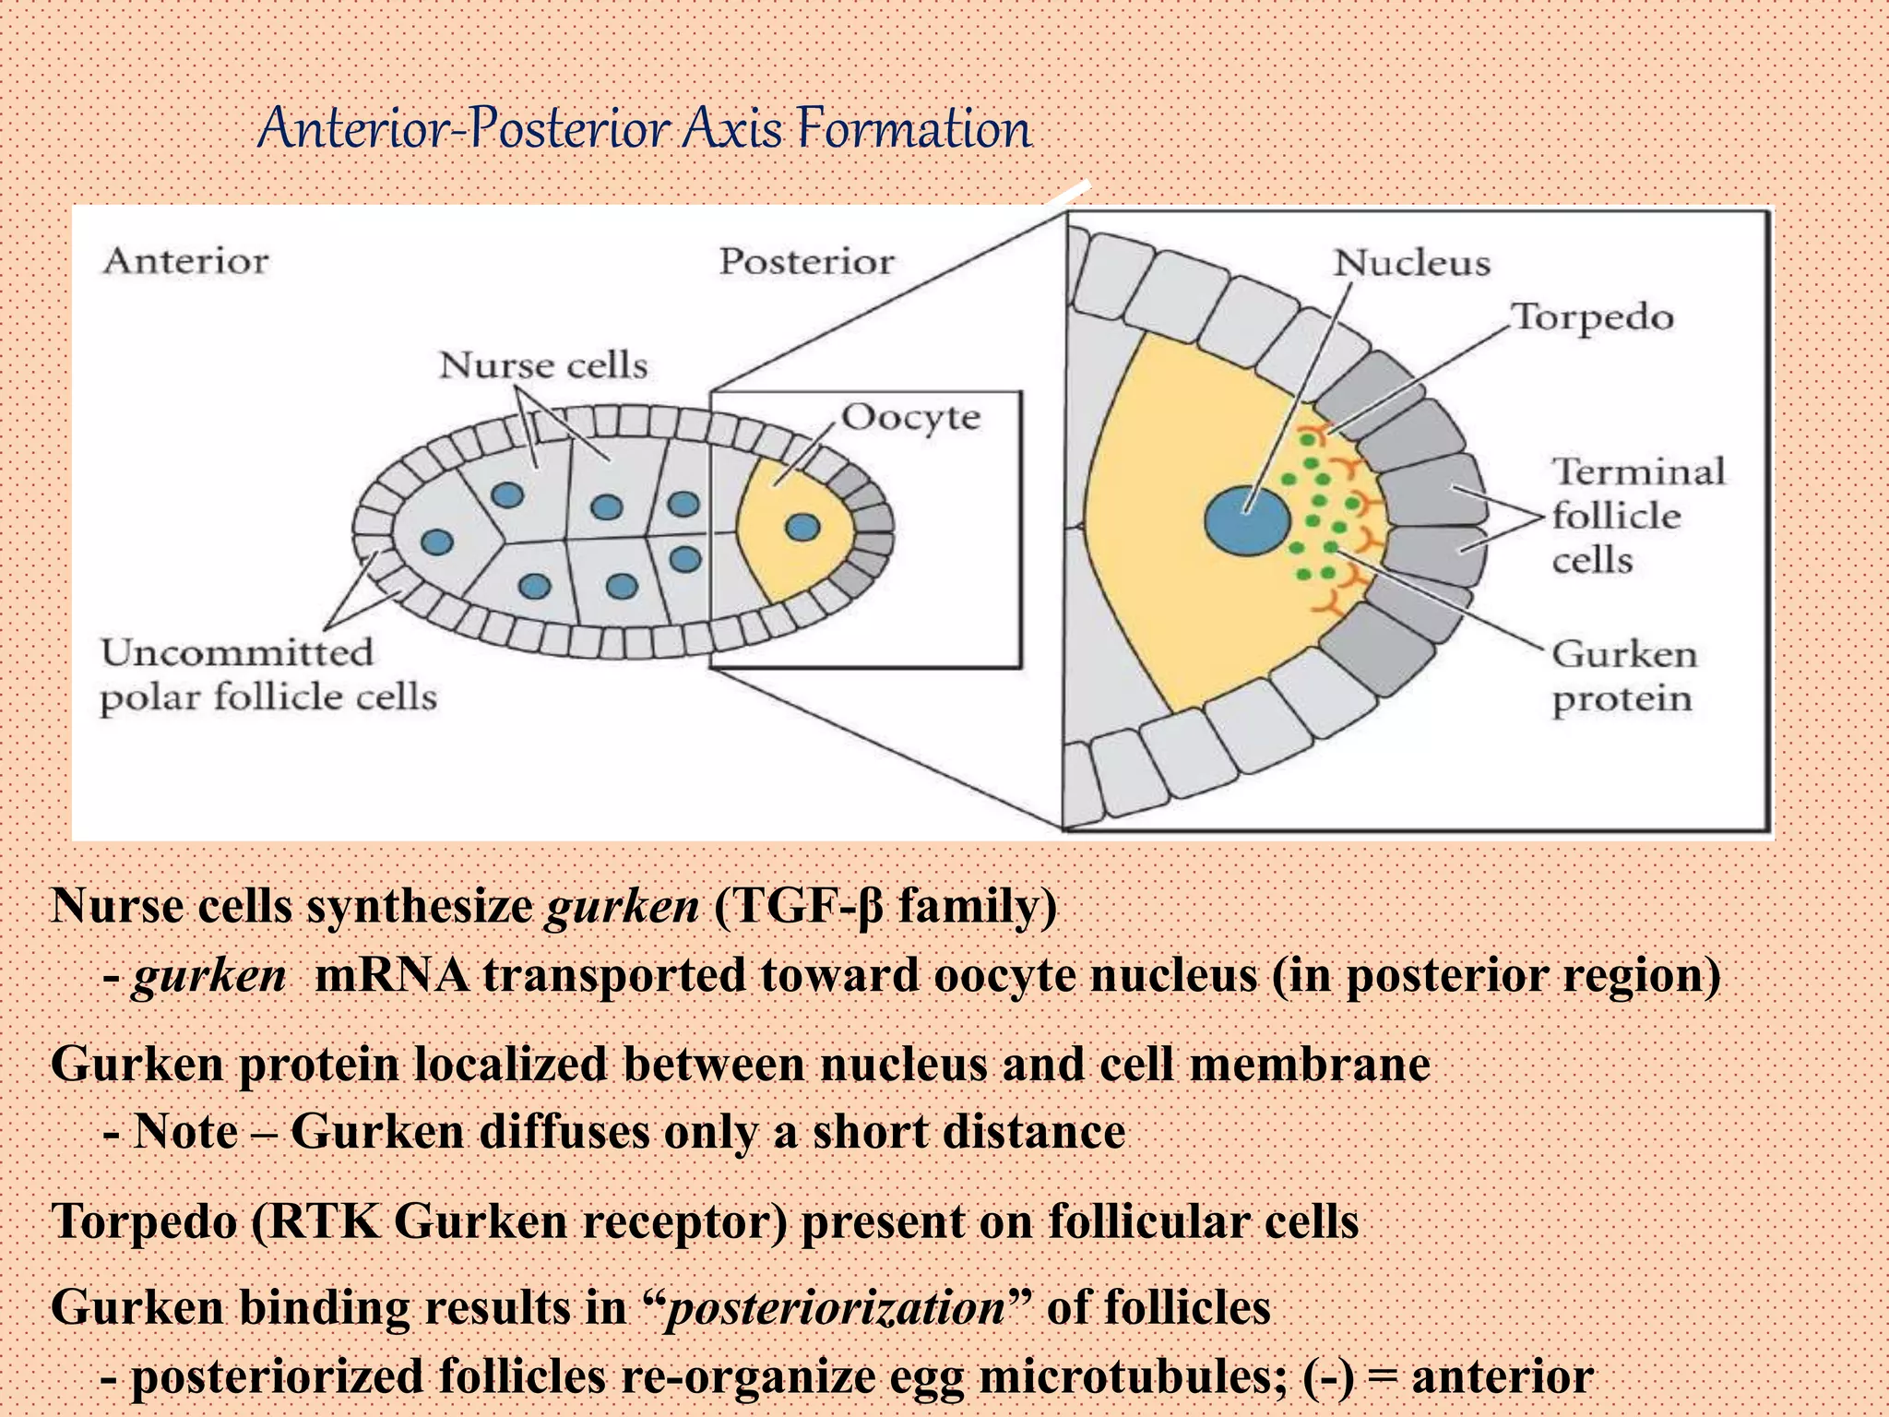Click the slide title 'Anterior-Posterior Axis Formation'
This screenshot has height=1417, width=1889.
click(x=644, y=128)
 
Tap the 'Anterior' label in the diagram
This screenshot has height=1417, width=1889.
click(x=185, y=262)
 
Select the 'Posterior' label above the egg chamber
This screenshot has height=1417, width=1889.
click(x=806, y=262)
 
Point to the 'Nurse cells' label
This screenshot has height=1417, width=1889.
click(x=543, y=366)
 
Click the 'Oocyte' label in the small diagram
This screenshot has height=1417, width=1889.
click(x=910, y=418)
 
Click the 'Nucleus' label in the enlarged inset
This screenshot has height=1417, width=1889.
click(x=1411, y=264)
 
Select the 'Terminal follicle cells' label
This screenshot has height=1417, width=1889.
click(x=1637, y=517)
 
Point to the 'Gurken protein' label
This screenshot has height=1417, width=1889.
click(x=1623, y=677)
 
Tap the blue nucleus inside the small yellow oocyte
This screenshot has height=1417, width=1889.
click(x=802, y=528)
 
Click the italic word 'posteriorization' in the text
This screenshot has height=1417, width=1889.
click(x=836, y=1308)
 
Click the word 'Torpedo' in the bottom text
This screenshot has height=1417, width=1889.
click(x=143, y=1222)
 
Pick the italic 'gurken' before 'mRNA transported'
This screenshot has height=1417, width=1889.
click(x=209, y=976)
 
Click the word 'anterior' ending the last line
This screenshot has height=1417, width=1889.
click(x=1502, y=1376)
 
